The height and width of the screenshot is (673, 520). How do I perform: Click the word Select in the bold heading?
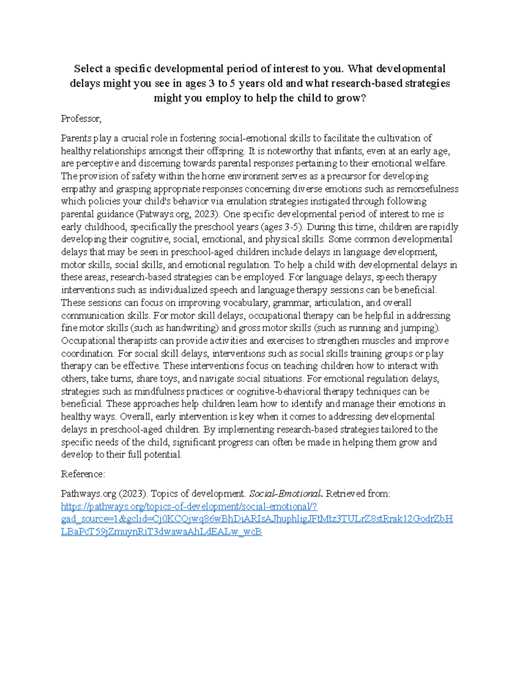(x=88, y=69)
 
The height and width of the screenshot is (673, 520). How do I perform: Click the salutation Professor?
(x=81, y=119)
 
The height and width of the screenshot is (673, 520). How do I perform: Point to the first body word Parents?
(x=76, y=139)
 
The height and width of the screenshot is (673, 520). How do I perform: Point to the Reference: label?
(x=83, y=475)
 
